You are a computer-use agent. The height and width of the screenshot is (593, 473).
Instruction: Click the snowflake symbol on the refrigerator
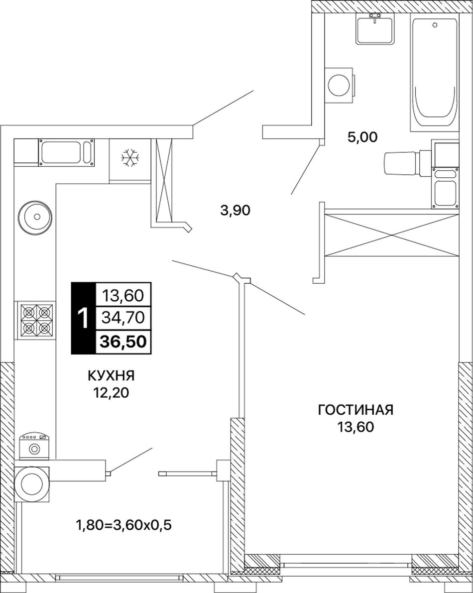130,158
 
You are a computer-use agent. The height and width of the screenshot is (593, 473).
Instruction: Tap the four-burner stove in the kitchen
35,319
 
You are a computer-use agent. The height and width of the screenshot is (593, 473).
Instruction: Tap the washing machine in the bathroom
340,85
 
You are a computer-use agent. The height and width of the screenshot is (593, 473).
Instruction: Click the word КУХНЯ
111,376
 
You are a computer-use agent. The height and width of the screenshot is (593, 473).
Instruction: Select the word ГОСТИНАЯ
355,410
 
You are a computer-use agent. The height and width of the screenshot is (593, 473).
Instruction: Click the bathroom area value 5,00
362,137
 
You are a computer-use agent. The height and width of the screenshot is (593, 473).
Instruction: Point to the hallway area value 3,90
235,210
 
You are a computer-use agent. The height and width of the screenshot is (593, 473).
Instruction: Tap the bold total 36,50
123,342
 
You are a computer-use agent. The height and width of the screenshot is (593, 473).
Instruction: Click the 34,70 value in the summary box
123,318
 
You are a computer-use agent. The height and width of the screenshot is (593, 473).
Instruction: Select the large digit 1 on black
83,319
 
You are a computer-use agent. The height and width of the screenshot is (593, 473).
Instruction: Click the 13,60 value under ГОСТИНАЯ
355,427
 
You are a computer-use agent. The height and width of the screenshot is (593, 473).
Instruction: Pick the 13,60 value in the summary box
123,295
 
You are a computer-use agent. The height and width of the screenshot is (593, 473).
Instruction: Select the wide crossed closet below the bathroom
392,235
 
